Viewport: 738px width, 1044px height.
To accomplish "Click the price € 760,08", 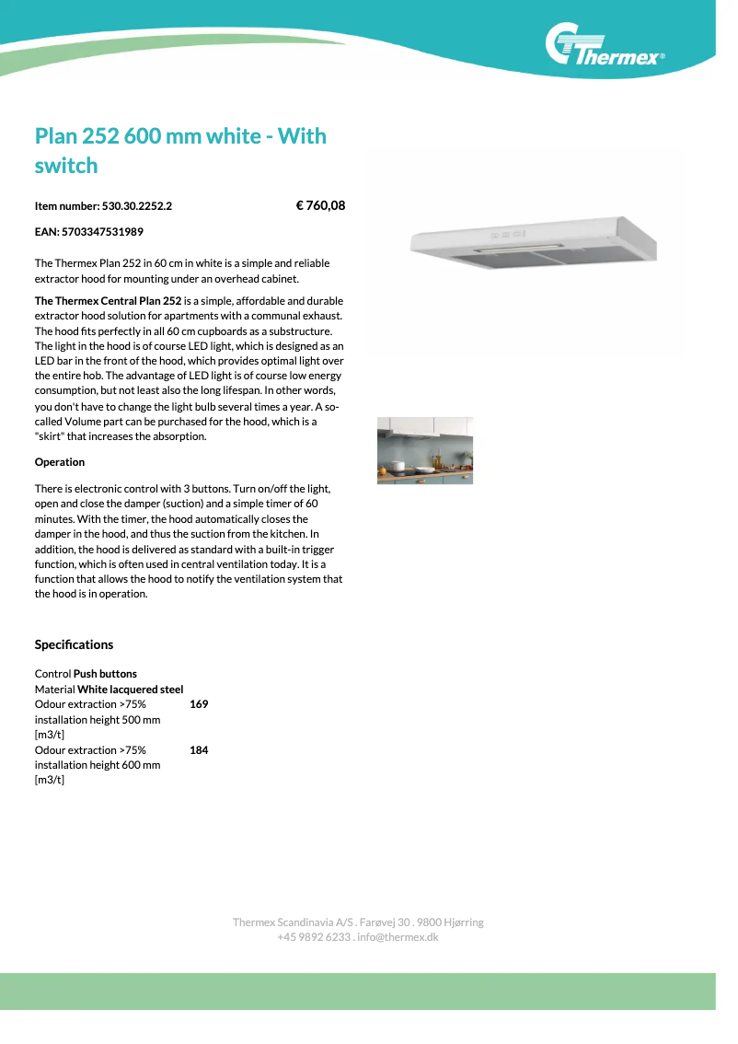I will coord(320,205).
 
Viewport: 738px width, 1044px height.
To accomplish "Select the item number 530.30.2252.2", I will coord(137,206).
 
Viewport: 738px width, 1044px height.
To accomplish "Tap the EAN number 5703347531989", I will coord(102,232).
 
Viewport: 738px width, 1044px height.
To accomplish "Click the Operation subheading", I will coord(60,462).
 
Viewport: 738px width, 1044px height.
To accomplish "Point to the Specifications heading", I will coord(74,644).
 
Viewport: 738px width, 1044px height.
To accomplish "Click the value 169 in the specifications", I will coord(199,704).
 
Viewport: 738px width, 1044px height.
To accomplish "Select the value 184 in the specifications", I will coord(199,750).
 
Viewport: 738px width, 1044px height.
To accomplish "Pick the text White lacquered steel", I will coord(130,690).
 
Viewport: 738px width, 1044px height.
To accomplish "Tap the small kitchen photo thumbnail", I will coord(424,450).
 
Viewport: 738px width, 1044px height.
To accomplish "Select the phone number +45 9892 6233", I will coord(313,937).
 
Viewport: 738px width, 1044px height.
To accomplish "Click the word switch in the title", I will coord(65,166).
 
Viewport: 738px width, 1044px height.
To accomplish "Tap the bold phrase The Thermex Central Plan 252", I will coord(108,301).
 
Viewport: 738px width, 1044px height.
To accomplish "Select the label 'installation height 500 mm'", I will coord(97,719).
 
